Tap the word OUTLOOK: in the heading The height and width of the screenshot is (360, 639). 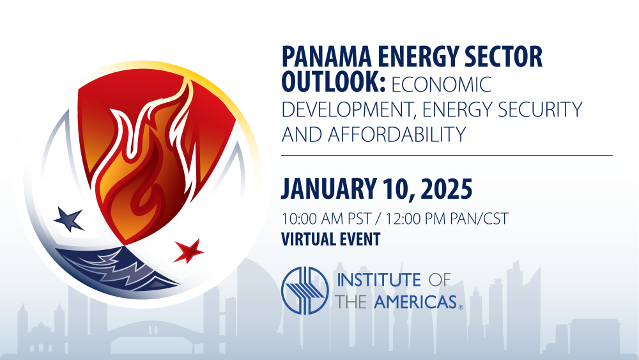click(x=334, y=82)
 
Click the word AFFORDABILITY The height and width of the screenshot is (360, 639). click(x=397, y=134)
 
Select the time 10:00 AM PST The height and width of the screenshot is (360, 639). click(x=326, y=219)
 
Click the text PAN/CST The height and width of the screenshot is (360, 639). click(x=479, y=219)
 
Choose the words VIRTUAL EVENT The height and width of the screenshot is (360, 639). click(x=331, y=239)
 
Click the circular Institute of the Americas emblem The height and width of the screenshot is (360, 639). click(x=305, y=290)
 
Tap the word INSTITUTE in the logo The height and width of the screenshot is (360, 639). click(x=379, y=280)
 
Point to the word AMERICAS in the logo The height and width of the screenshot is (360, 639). click(x=415, y=302)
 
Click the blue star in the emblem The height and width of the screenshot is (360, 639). click(x=69, y=219)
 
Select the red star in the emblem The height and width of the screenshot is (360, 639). click(x=189, y=251)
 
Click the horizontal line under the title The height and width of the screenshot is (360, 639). click(x=447, y=155)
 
